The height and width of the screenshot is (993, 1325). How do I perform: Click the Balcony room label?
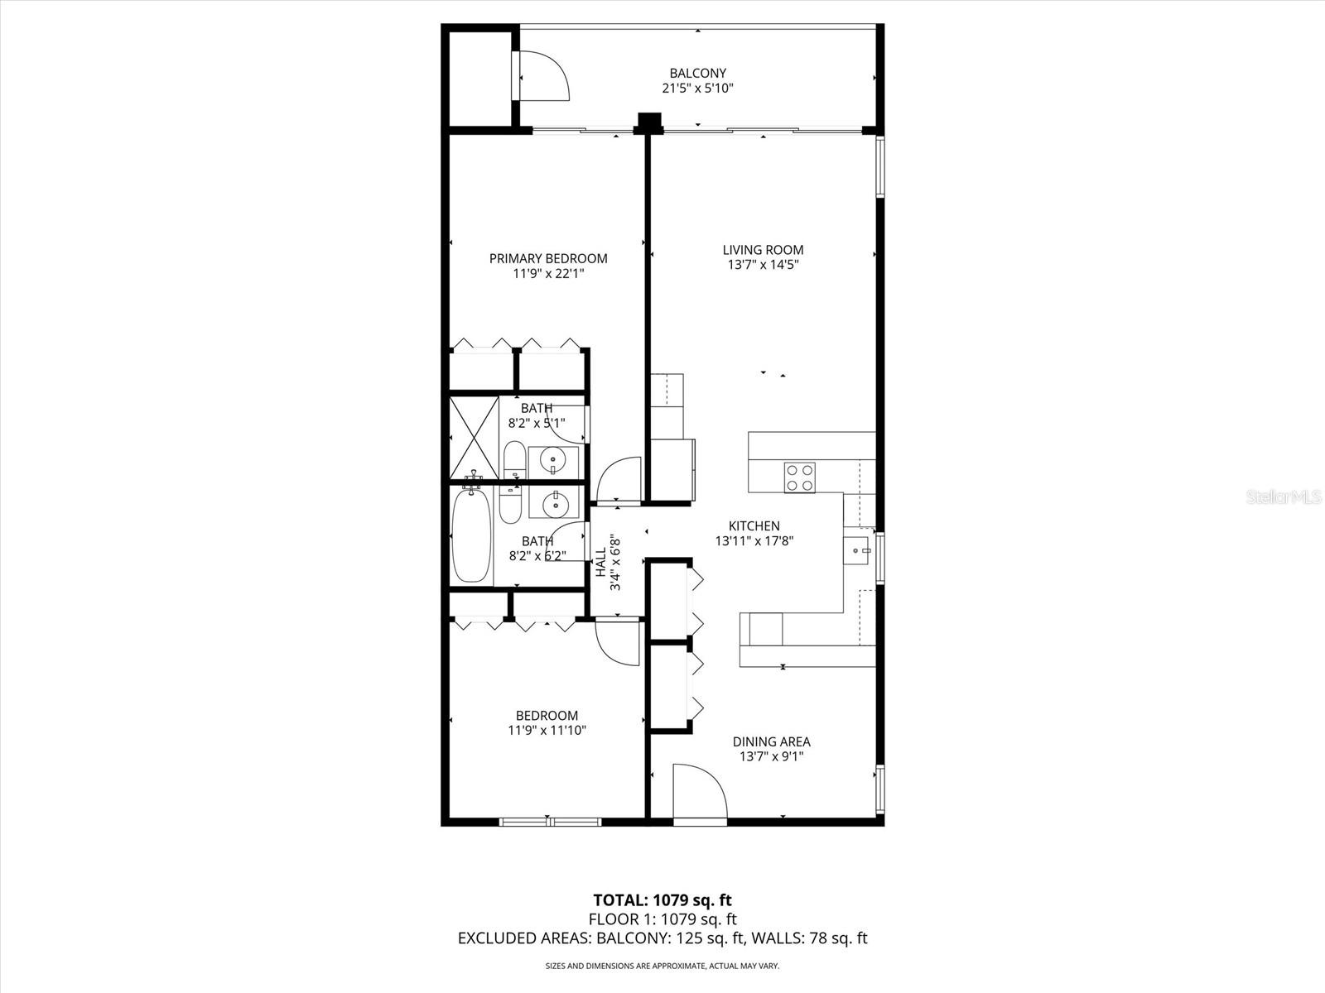697,73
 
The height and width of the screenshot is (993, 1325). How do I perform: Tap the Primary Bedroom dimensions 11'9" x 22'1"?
548,273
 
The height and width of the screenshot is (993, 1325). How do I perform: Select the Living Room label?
763,250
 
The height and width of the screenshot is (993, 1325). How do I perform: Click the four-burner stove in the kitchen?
800,477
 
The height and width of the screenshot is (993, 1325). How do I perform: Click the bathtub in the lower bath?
471,536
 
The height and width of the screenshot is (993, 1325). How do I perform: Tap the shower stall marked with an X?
474,438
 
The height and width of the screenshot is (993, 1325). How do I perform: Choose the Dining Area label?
771,741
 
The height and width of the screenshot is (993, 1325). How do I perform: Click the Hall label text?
601,563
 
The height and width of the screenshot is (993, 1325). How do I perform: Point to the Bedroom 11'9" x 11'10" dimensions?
547,731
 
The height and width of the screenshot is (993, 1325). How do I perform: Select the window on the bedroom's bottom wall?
550,821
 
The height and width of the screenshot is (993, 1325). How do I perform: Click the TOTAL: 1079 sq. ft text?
662,899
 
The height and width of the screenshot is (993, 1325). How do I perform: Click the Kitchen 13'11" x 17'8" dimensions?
754,541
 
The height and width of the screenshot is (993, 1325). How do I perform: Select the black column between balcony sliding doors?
648,122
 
